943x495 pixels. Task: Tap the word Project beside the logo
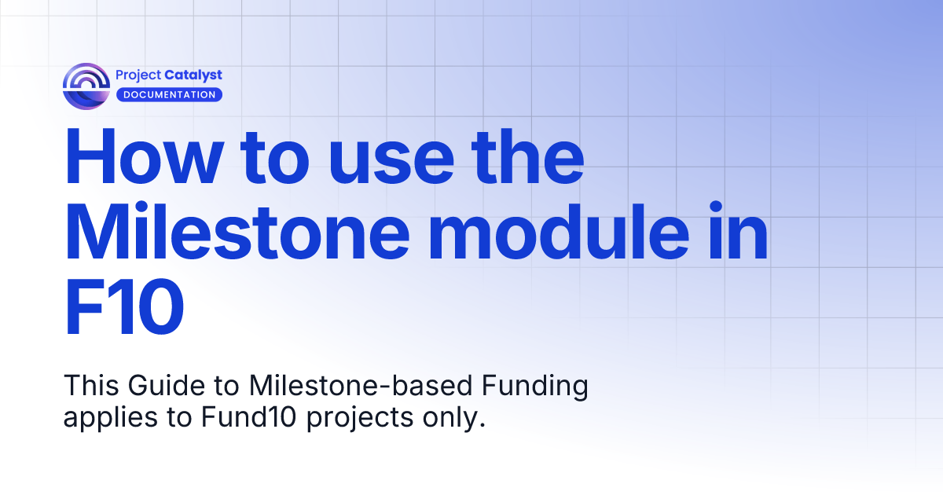click(139, 75)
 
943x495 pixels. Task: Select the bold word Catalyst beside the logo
click(193, 75)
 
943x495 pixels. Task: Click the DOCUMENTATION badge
click(169, 95)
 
